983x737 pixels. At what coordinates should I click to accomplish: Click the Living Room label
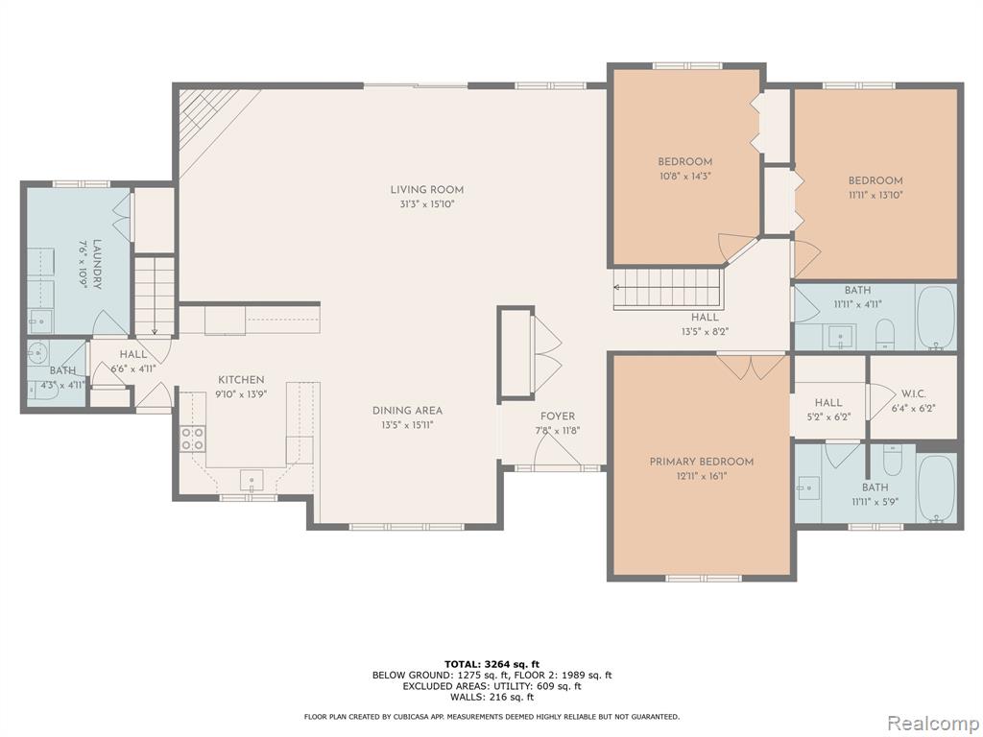[427, 189]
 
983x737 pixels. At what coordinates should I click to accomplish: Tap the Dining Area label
[407, 411]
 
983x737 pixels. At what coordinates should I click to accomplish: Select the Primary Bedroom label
[702, 462]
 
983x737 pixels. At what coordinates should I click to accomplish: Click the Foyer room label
[558, 416]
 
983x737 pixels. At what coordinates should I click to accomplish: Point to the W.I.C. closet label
[914, 393]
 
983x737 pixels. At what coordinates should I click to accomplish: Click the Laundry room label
[97, 264]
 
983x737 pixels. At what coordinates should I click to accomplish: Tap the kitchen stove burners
[192, 438]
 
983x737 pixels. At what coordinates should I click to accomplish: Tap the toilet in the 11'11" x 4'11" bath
[884, 333]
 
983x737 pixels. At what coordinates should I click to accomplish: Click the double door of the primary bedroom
[751, 367]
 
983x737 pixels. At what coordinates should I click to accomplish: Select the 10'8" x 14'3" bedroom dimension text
[684, 177]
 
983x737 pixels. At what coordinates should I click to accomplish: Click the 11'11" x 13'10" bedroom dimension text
[875, 195]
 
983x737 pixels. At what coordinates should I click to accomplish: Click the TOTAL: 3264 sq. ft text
[492, 664]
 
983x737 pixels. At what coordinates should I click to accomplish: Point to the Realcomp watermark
[933, 723]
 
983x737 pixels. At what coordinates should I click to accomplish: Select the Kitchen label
[241, 380]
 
